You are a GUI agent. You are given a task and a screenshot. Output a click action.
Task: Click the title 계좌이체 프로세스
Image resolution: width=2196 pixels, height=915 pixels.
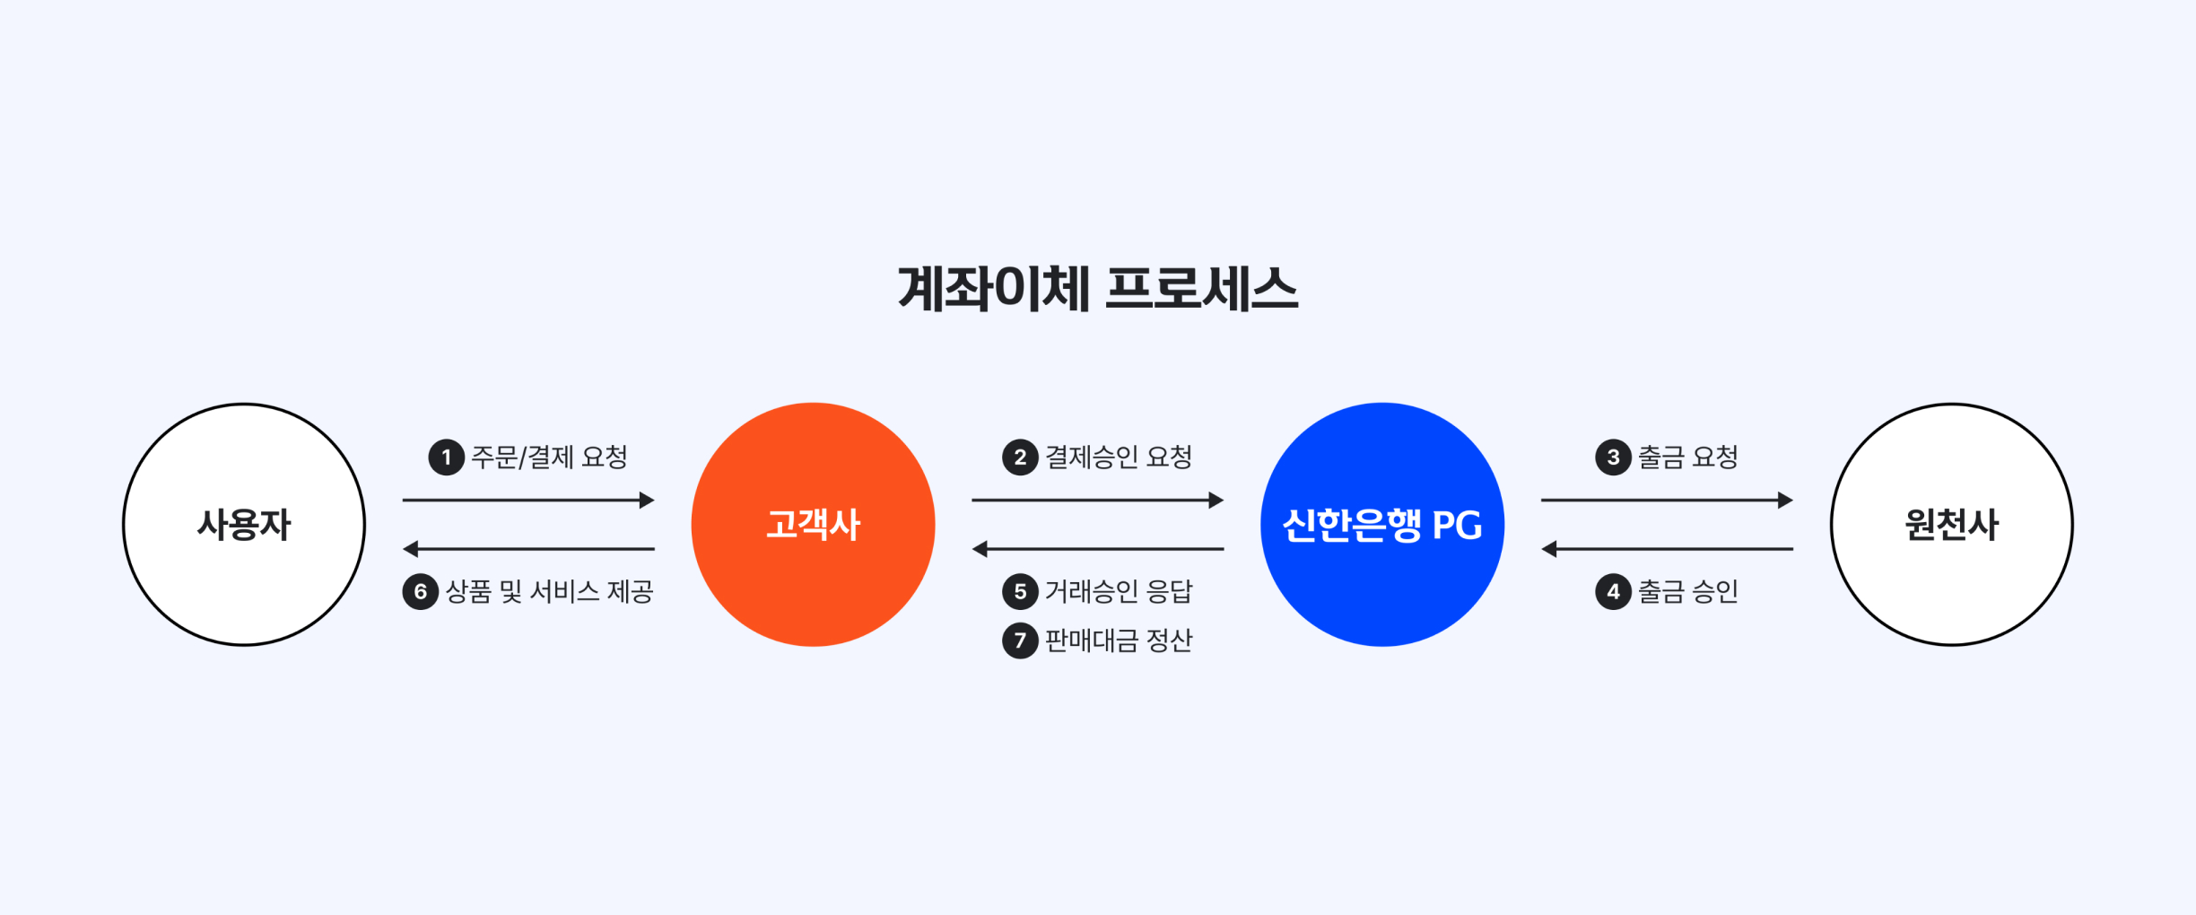1097,290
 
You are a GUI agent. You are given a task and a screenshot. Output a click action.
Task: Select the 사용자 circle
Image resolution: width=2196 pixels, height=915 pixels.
244,525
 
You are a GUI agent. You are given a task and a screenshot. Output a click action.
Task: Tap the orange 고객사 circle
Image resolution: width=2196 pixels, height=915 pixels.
813,525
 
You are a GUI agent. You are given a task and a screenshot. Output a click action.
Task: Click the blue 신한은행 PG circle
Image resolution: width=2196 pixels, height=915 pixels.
1381,525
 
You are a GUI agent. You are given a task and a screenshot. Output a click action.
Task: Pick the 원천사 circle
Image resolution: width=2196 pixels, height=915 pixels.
1951,525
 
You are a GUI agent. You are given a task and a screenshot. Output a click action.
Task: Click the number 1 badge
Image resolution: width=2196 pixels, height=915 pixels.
446,457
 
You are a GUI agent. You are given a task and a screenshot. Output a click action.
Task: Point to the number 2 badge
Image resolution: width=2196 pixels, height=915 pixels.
1020,457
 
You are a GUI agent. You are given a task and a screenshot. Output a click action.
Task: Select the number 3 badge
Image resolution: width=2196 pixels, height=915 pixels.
1613,457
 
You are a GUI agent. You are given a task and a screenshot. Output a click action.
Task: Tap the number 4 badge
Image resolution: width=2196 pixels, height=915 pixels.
1613,592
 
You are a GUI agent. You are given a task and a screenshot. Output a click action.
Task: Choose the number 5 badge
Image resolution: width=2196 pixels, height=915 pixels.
1020,592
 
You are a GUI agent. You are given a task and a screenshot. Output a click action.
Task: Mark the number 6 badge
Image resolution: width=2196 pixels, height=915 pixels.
420,592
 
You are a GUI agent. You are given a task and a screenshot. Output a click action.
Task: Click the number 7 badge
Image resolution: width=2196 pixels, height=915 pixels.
1020,640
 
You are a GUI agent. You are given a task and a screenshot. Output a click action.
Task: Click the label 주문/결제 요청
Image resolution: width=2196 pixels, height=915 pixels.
549,457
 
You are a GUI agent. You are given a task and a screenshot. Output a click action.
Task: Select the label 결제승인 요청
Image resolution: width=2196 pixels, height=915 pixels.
1119,457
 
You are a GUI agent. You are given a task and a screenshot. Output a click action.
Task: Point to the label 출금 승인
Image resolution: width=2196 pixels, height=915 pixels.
1688,592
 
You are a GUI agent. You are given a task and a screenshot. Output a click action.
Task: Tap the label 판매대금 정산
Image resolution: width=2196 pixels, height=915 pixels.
1119,640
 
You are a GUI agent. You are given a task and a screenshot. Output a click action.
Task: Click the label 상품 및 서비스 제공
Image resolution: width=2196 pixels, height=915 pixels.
549,592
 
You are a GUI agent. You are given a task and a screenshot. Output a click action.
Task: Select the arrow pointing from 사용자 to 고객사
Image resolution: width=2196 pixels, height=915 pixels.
528,501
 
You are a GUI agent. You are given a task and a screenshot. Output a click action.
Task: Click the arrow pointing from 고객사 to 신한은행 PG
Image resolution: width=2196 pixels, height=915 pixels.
1097,501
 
